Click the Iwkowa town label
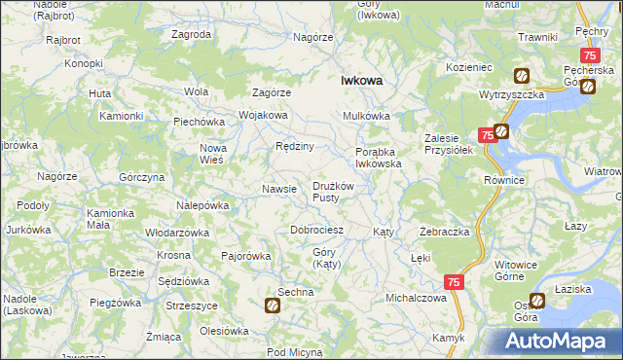[x=360, y=83]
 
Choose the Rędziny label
[x=294, y=146]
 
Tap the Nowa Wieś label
[x=212, y=154]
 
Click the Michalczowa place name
[x=416, y=298]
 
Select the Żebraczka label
[x=445, y=233]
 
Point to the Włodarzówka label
[x=177, y=233]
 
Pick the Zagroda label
[x=191, y=34]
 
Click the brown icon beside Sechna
[x=273, y=306]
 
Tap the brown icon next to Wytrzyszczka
[x=522, y=74]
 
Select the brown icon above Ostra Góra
[x=536, y=302]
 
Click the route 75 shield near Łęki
[x=454, y=281]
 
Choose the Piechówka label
[x=200, y=122]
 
